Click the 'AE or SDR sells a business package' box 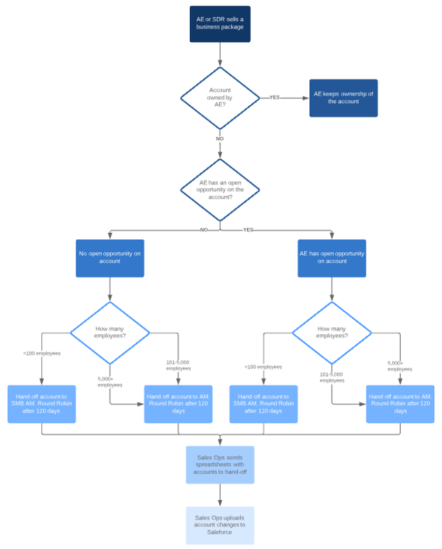(x=220, y=23)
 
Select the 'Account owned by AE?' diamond (x=220, y=98)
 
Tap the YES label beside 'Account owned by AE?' (x=274, y=98)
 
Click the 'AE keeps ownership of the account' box (x=343, y=98)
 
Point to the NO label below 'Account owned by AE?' (x=220, y=138)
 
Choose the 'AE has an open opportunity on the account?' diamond (x=220, y=190)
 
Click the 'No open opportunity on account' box (x=110, y=258)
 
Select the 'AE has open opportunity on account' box (x=332, y=258)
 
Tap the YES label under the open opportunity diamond (x=248, y=230)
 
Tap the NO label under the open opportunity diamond (x=204, y=230)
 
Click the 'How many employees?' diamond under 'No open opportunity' (x=110, y=332)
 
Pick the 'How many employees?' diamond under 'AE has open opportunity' (x=332, y=332)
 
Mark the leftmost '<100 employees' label (x=42, y=353)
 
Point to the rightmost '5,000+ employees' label (x=399, y=367)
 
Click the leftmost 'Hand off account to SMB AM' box (x=42, y=404)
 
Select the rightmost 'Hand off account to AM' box (x=400, y=404)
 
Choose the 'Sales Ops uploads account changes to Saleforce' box (x=220, y=525)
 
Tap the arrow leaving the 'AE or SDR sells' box (x=220, y=54)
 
